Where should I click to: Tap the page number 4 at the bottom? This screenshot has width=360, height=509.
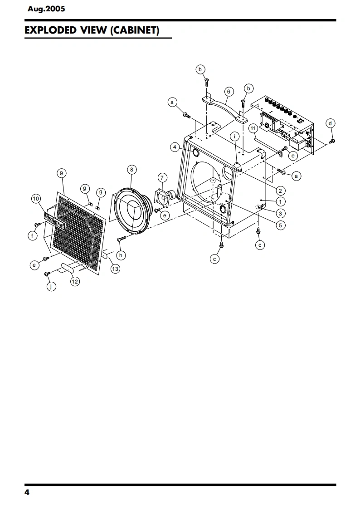pyautogui.click(x=27, y=493)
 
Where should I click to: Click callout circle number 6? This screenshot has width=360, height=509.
pyautogui.click(x=228, y=92)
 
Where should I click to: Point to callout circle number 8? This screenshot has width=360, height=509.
pyautogui.click(x=131, y=170)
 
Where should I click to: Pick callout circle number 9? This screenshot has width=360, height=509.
pyautogui.click(x=62, y=172)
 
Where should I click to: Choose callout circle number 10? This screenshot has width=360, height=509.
pyautogui.click(x=36, y=198)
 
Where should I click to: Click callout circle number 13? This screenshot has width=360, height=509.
pyautogui.click(x=115, y=269)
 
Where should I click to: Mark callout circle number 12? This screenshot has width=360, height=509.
pyautogui.click(x=75, y=282)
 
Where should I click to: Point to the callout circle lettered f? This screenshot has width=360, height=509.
pyautogui.click(x=32, y=235)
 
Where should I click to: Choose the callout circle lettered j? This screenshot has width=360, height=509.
pyautogui.click(x=50, y=287)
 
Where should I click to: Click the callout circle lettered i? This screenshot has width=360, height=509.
pyautogui.click(x=234, y=136)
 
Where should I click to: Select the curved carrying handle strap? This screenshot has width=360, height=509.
pyautogui.click(x=225, y=107)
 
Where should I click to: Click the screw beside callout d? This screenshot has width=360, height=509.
pyautogui.click(x=331, y=142)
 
